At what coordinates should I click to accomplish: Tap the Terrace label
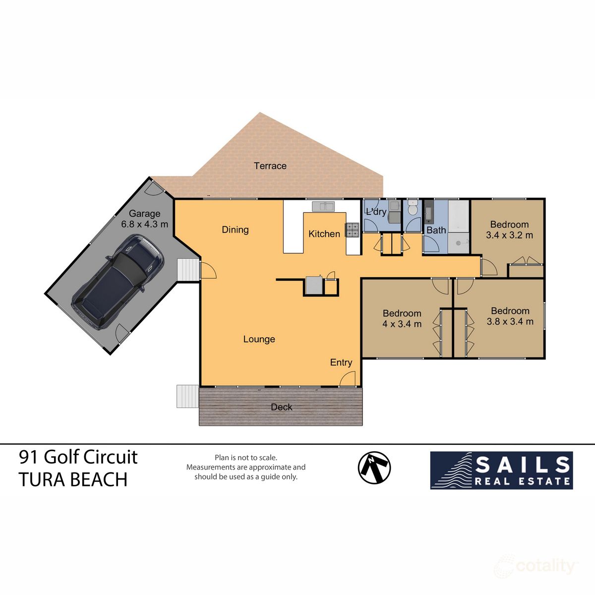point(270,166)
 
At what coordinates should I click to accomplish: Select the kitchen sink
point(323,205)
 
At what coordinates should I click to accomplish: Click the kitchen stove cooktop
point(353,230)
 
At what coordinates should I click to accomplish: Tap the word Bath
point(436,230)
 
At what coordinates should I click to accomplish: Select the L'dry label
point(376,212)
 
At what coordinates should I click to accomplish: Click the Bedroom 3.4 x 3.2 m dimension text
point(509,235)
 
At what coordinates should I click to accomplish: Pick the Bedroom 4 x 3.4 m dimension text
point(402,324)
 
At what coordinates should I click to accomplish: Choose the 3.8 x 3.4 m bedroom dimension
point(510,321)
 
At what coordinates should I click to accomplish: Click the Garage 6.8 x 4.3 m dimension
point(144,224)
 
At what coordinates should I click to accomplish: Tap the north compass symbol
point(374,468)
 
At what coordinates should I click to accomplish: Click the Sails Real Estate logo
point(501,470)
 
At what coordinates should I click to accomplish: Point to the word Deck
point(281,407)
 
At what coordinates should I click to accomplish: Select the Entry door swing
point(349,379)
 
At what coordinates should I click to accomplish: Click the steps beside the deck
point(187,396)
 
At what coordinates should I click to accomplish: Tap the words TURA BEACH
point(73,480)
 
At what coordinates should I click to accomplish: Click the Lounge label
point(259,339)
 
